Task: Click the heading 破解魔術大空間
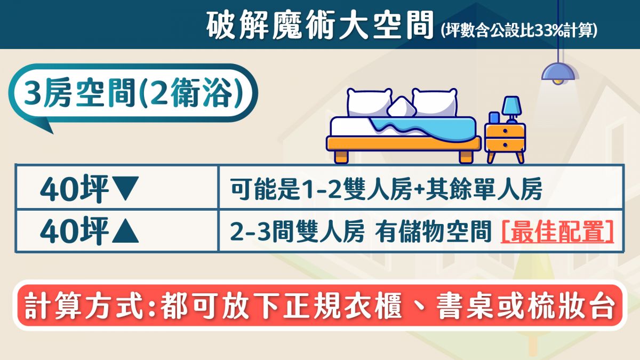click(319, 26)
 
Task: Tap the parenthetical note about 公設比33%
click(519, 30)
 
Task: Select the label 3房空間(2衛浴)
click(133, 93)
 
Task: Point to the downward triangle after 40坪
click(125, 188)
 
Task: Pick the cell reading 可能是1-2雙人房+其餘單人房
click(386, 189)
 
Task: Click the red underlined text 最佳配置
click(557, 231)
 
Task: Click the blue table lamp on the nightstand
click(512, 109)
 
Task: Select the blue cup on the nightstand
click(494, 118)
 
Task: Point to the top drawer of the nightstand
click(505, 131)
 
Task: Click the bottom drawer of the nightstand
click(505, 145)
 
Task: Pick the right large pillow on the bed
click(435, 102)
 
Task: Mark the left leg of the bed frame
click(342, 157)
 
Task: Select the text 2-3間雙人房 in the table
click(297, 231)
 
